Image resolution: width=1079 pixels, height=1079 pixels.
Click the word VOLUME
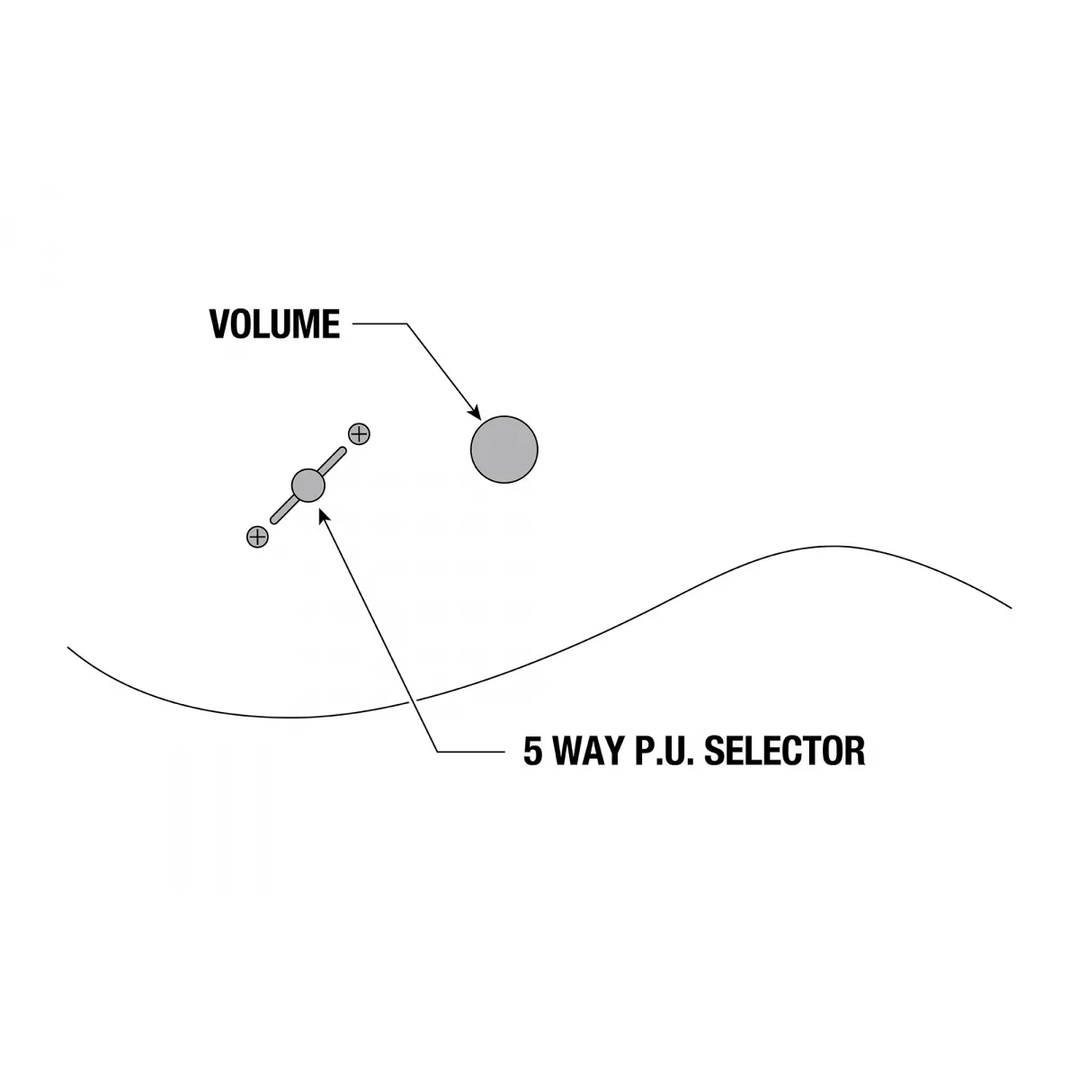274,324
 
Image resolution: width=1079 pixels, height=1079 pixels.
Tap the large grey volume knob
504,449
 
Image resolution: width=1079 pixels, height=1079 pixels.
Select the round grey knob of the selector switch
308,485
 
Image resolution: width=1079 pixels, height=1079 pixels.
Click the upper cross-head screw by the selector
359,434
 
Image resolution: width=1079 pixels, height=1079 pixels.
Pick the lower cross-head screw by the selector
257,537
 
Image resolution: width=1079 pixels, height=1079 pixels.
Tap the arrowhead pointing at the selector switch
323,515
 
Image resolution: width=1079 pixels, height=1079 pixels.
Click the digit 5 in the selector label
532,751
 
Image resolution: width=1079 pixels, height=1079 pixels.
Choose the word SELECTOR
784,751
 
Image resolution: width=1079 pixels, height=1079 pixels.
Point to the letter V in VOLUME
220,324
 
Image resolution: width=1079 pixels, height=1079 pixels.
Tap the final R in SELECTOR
855,751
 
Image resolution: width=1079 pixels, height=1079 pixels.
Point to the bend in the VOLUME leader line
407,324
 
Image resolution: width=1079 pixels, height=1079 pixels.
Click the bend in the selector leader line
438,751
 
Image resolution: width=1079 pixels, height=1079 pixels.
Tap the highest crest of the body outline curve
834,546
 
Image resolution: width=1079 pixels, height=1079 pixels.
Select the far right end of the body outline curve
1011,608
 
